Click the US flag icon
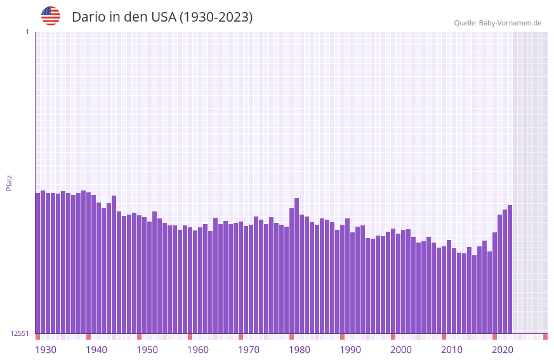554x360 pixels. coord(51,16)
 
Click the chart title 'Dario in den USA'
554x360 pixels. coord(162,17)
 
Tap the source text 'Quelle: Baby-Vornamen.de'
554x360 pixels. coord(498,23)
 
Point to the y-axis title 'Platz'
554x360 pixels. coord(9,182)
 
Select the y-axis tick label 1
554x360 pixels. coord(27,32)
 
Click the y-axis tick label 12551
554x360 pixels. coord(20,333)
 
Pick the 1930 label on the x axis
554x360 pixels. coord(46,350)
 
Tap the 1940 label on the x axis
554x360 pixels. coord(96,350)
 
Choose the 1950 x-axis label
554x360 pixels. coord(147,350)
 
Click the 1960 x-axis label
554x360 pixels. coord(198,350)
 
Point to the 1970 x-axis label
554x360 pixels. coord(249,350)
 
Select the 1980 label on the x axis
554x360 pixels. coord(300,350)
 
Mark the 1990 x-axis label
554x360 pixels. coord(350,350)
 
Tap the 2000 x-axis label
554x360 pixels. coord(401,350)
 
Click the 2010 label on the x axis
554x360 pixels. coord(452,350)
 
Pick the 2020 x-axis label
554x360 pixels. coord(503,350)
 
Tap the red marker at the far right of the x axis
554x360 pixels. coord(545,337)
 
